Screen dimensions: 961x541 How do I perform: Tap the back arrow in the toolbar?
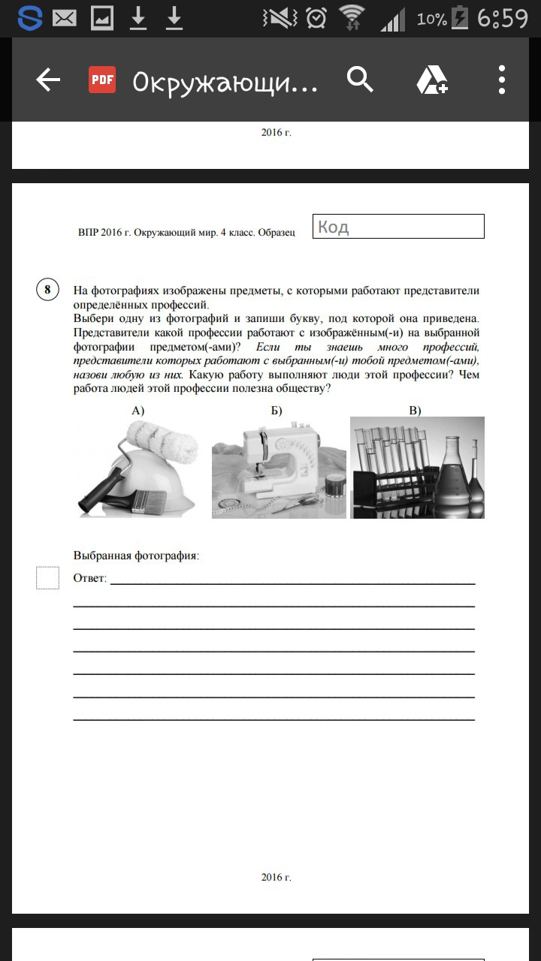point(48,80)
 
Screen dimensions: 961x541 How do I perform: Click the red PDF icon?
point(102,80)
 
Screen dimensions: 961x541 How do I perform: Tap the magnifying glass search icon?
point(360,79)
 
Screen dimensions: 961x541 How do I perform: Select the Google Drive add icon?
point(432,80)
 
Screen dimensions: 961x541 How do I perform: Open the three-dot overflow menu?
point(502,80)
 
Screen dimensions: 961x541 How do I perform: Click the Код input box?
point(398,227)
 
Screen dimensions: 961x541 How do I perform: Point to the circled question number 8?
point(47,290)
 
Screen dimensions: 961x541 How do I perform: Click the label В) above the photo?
point(415,410)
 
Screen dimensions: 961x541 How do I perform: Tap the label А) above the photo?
point(138,410)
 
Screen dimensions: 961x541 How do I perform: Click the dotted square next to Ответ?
point(47,578)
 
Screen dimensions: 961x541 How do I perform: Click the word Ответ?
point(89,579)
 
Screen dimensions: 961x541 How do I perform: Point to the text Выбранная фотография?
point(136,556)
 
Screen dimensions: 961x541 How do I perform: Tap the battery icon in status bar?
point(459,18)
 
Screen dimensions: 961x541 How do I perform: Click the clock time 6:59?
point(503,18)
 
